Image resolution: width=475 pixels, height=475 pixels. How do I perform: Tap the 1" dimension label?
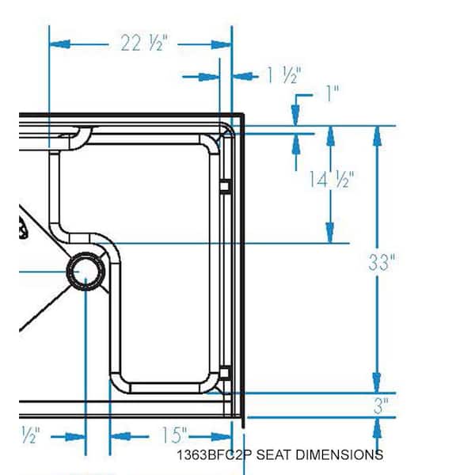331,93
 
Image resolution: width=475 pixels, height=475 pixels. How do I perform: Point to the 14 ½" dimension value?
331,180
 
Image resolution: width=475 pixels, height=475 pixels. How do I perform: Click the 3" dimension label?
380,406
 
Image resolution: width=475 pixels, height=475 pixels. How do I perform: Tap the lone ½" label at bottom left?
32,435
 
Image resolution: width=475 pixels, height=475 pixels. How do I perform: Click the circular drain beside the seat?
85,271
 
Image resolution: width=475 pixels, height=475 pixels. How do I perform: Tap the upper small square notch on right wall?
224,186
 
